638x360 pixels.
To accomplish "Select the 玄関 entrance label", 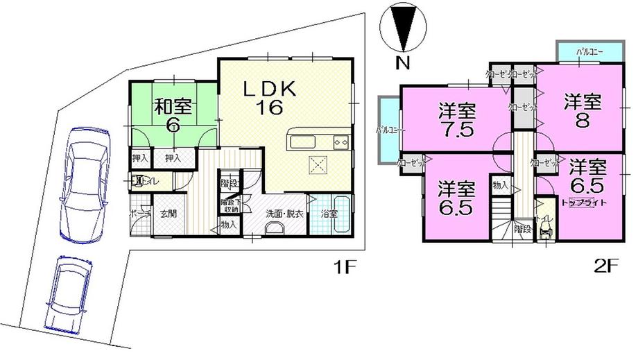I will pos(169,214).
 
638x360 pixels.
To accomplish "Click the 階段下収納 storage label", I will pos(230,205).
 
